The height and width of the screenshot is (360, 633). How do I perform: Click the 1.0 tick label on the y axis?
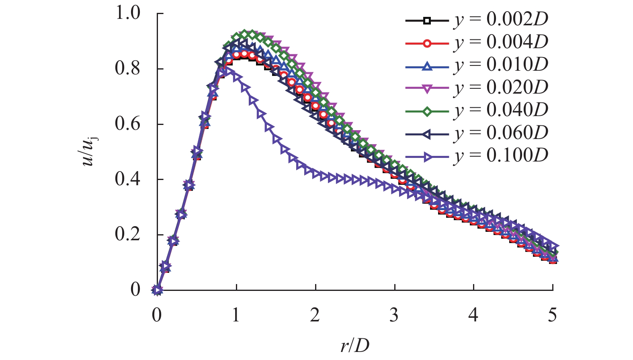128,13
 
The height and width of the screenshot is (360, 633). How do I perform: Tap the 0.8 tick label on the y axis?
128,68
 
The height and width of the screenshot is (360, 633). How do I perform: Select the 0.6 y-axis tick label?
128,124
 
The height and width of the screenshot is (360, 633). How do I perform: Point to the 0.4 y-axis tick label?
128,179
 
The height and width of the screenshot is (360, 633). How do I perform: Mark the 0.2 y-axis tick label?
128,234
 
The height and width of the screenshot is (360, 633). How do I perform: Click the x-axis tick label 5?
553,315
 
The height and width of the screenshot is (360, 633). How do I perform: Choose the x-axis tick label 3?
394,315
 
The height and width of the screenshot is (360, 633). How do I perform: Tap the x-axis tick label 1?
236,315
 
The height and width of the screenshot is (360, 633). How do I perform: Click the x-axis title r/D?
354,345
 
